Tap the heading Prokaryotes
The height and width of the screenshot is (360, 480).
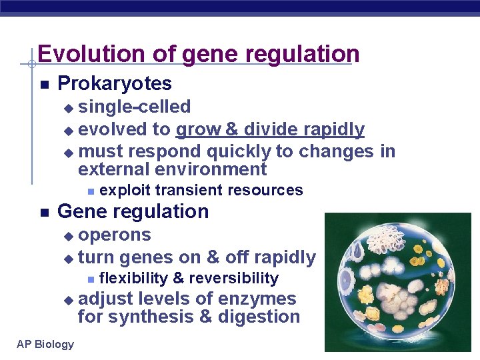115,84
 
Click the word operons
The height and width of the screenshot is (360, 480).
115,235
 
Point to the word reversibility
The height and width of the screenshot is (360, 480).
234,278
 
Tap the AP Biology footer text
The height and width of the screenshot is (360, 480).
45,344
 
